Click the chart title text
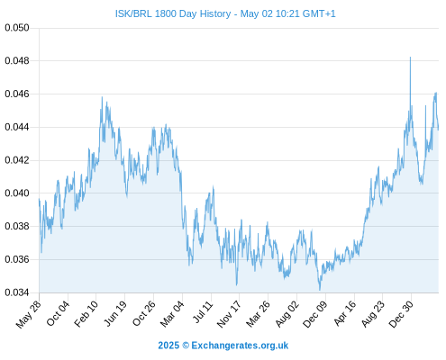pyautogui.click(x=225, y=13)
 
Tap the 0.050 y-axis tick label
pyautogui.click(x=17, y=28)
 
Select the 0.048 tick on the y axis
pyautogui.click(x=17, y=61)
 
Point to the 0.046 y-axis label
pyautogui.click(x=17, y=94)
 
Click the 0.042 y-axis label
pyautogui.click(x=17, y=160)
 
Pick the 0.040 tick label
pyautogui.click(x=17, y=193)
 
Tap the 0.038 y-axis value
pyautogui.click(x=17, y=226)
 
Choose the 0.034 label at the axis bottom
pyautogui.click(x=17, y=292)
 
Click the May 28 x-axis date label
pyautogui.click(x=29, y=314)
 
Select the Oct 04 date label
pyautogui.click(x=58, y=313)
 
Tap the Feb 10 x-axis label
pyautogui.click(x=86, y=313)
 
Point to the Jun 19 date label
pyautogui.click(x=115, y=313)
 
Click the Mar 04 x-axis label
pyautogui.click(x=172, y=314)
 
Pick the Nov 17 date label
pyautogui.click(x=229, y=314)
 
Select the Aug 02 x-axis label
pyautogui.click(x=287, y=314)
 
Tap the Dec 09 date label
pyautogui.click(x=314, y=314)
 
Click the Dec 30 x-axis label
pyautogui.click(x=401, y=314)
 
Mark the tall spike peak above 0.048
pyautogui.click(x=410, y=57)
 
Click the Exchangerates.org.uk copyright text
pyautogui.click(x=223, y=346)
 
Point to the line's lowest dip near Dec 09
pyautogui.click(x=320, y=290)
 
